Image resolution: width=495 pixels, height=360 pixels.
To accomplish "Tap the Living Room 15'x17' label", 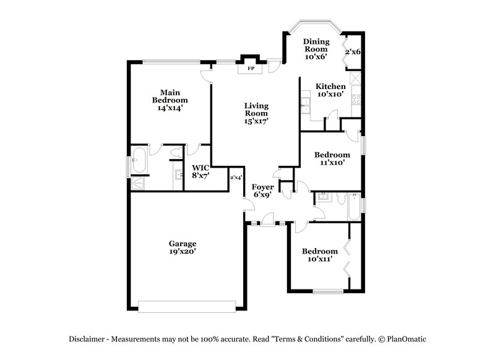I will pos(255,113).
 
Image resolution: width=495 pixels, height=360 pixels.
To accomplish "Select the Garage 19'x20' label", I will pos(183,247).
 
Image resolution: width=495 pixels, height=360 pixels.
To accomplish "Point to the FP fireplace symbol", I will pos(251,69).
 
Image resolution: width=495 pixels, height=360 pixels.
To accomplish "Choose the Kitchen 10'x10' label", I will pos(330,90).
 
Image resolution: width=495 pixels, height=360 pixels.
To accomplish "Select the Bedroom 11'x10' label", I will pos(332,159).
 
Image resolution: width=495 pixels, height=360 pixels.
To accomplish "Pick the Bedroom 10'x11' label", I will pos(320,255).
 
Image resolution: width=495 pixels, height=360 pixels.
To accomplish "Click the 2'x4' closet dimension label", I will pos(236,178).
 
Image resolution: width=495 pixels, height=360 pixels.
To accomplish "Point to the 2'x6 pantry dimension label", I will pos(352,52).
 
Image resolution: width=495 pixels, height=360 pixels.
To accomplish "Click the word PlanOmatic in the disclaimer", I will pos(406,340).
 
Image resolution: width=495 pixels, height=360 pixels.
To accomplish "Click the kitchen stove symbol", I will pos(356,96).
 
